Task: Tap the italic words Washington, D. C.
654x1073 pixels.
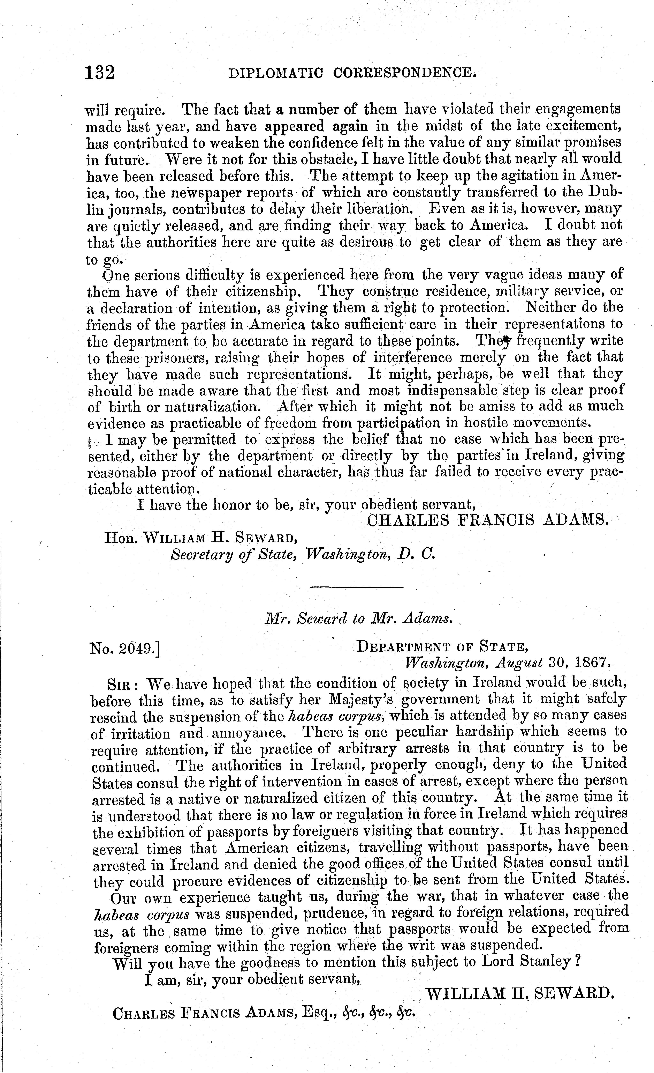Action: coord(370,554)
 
